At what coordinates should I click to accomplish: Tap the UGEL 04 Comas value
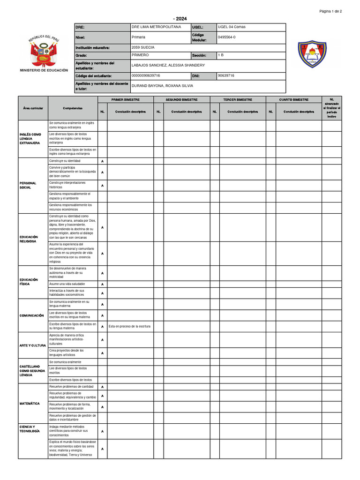(x=232, y=27)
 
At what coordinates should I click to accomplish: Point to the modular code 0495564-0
(x=227, y=37)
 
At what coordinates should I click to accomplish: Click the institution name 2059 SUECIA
(x=143, y=48)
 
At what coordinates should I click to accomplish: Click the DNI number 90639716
(x=226, y=75)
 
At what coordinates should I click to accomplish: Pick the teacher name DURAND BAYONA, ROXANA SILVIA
(x=162, y=86)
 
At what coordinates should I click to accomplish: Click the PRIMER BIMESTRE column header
(x=125, y=100)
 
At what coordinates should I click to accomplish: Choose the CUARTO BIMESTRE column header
(x=294, y=100)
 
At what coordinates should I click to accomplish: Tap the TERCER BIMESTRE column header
(x=238, y=100)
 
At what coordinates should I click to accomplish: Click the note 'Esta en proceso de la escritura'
(x=129, y=326)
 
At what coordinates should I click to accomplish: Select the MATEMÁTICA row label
(x=30, y=404)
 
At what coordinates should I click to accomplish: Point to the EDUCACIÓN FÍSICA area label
(x=29, y=282)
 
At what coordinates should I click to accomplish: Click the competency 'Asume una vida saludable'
(x=67, y=284)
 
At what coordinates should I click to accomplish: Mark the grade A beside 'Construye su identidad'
(x=102, y=161)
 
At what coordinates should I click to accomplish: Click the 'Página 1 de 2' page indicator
(x=330, y=11)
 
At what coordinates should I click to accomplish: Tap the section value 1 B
(x=221, y=55)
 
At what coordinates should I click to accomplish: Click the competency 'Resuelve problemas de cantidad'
(x=71, y=387)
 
